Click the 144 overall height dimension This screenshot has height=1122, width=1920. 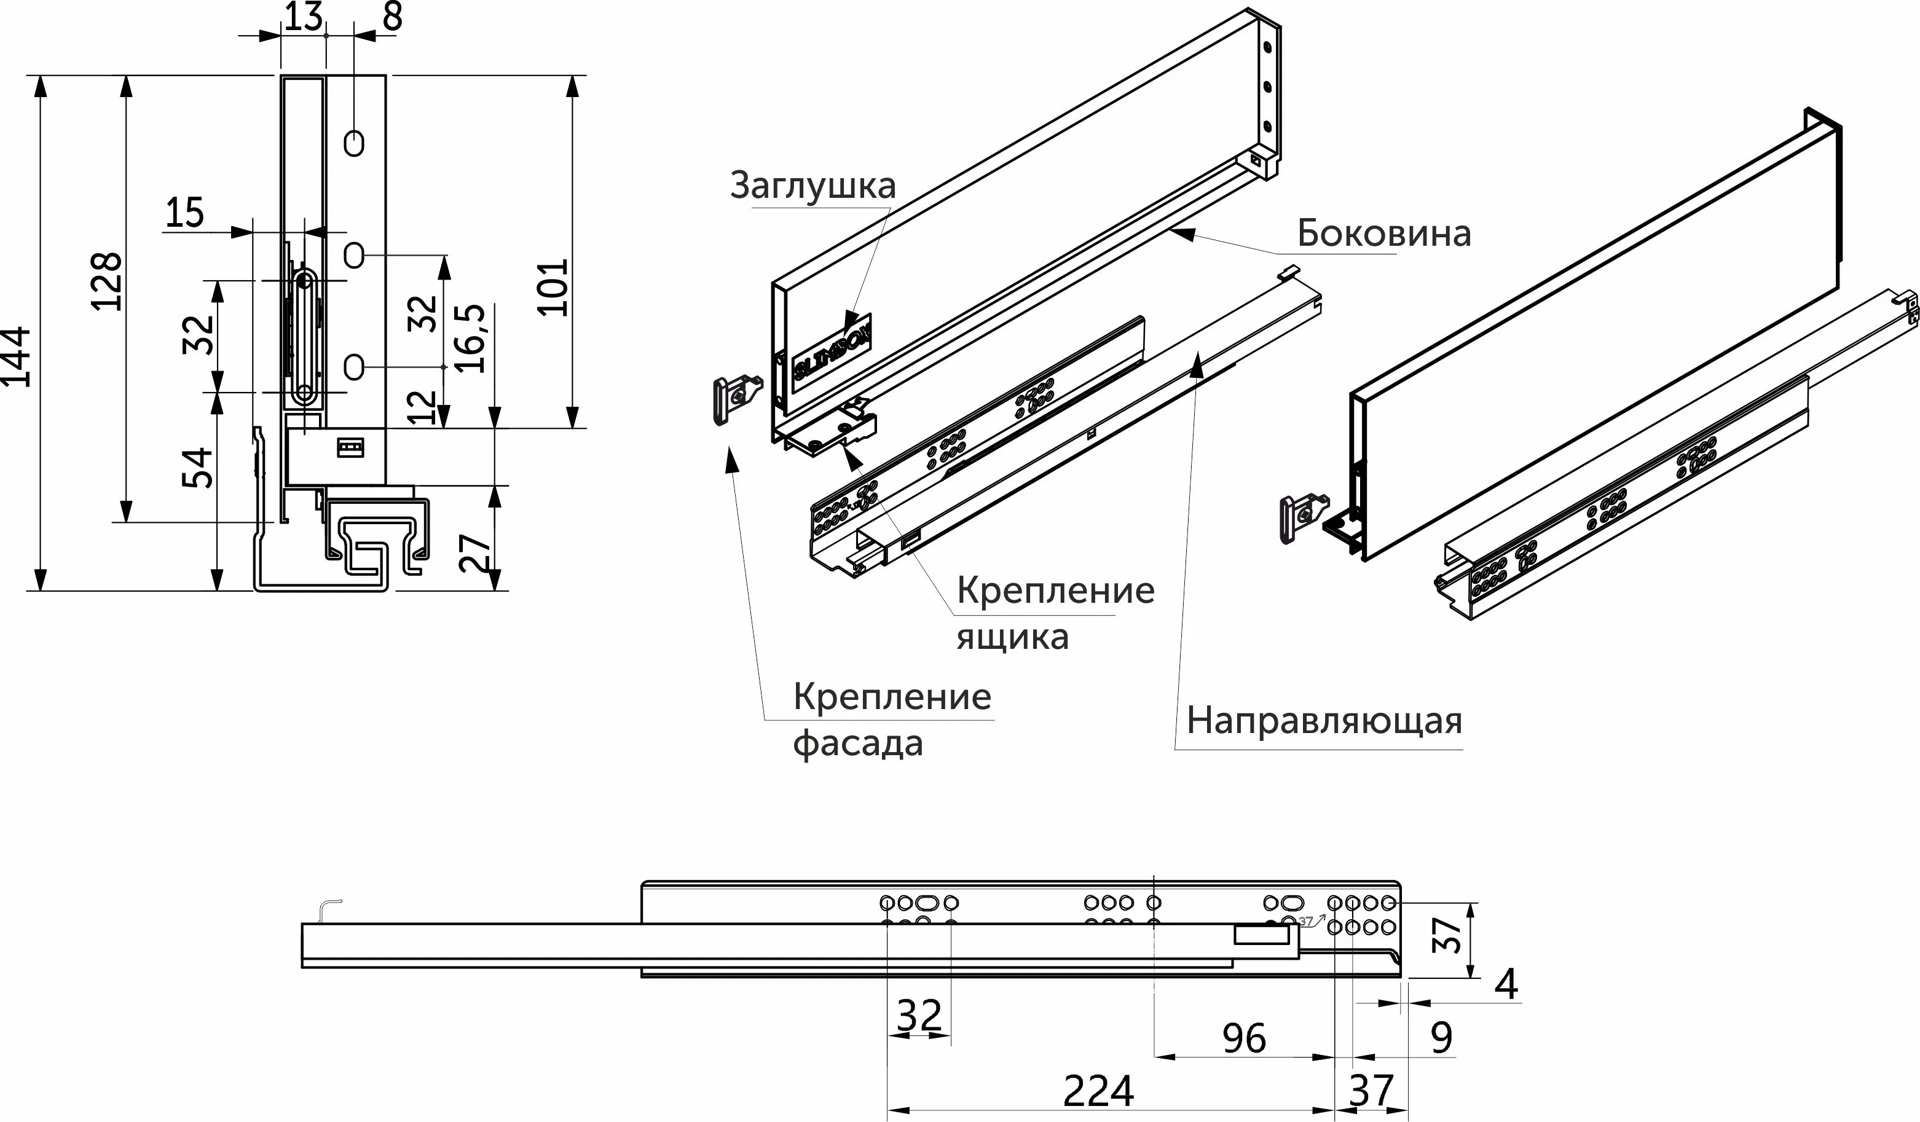[x=17, y=356]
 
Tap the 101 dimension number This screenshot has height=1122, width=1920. [x=553, y=288]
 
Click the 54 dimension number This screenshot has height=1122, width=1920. [x=197, y=468]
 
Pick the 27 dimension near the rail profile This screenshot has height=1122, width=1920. [x=474, y=553]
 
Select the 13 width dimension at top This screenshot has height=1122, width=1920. [x=303, y=17]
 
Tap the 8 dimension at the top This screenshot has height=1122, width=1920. [x=392, y=17]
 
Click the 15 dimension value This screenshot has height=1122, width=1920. [x=184, y=213]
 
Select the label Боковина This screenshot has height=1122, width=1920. [x=1383, y=234]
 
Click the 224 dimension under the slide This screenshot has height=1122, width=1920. [x=1098, y=1091]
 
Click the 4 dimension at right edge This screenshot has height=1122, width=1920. [x=1506, y=985]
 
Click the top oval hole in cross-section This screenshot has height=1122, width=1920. [x=353, y=143]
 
